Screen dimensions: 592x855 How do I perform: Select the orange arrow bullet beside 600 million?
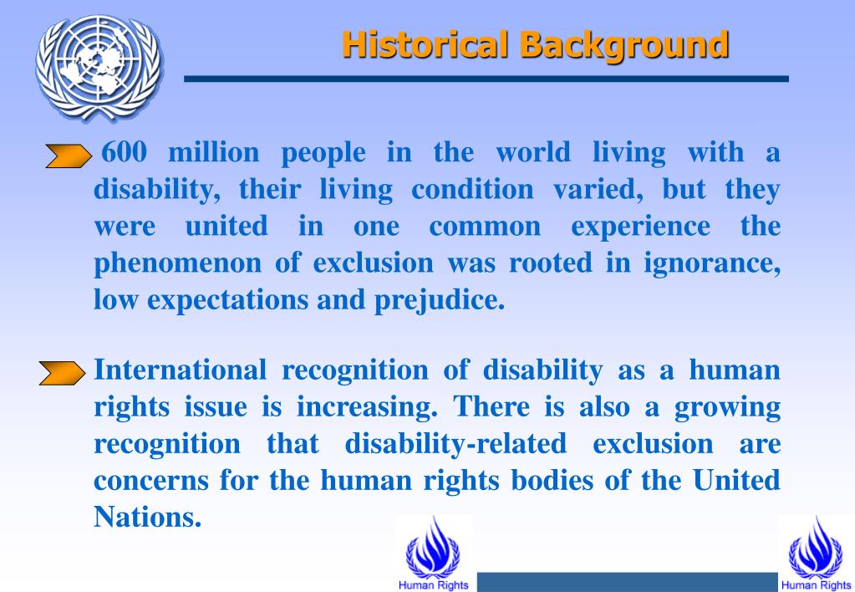coord(67,156)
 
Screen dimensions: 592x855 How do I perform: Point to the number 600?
coord(125,153)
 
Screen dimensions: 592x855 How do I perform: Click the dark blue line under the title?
coord(486,79)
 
